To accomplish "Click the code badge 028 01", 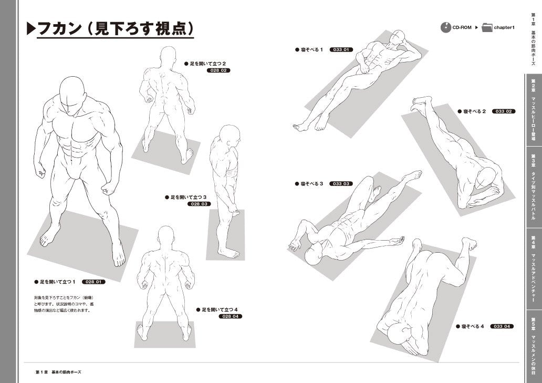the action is (x=93, y=282).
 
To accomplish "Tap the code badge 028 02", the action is (x=218, y=70).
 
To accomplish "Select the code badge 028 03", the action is (x=199, y=204).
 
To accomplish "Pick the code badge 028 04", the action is (x=231, y=316).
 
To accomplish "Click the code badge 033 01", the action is (x=341, y=50).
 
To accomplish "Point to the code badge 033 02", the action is (x=504, y=111).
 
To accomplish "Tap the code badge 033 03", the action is (x=341, y=183).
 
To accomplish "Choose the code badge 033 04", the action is (x=502, y=326).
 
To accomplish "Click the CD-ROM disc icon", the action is (x=446, y=27).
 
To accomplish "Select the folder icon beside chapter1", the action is (x=487, y=27).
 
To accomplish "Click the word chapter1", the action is (x=505, y=27).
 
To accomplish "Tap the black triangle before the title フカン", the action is (x=31, y=29).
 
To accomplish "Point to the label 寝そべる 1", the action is (x=309, y=50).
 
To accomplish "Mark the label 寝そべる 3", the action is (x=309, y=183).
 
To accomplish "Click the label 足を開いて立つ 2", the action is (x=205, y=64).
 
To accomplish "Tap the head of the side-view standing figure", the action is (x=230, y=136).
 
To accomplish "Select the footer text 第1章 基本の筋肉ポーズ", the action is (x=58, y=372).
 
